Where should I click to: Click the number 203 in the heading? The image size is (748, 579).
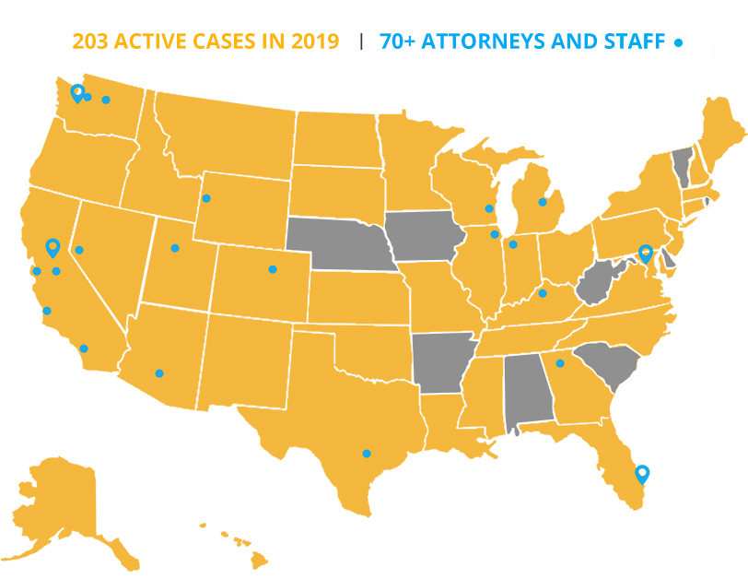tap(92, 41)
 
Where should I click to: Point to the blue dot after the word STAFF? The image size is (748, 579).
tap(679, 42)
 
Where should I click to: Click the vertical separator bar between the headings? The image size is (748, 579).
tap(361, 41)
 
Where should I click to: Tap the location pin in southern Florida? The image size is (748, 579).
tap(642, 474)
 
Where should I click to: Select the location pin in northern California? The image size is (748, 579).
tap(53, 247)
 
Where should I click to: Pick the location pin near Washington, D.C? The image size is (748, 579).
tap(646, 253)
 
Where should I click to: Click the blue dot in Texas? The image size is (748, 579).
tap(367, 454)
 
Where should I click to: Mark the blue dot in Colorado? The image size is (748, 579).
tap(273, 270)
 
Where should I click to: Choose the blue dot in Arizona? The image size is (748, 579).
tap(159, 373)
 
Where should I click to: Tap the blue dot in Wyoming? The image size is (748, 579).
tap(206, 198)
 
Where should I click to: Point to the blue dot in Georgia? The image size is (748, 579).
tap(560, 363)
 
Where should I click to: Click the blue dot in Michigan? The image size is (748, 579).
tap(543, 202)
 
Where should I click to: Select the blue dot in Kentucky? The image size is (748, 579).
tap(543, 293)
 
